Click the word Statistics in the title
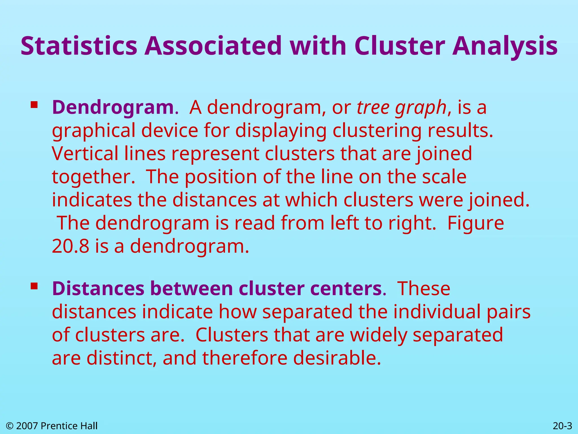tap(79, 46)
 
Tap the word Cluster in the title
tap(400, 46)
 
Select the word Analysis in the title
tap(505, 46)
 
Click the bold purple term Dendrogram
tap(113, 108)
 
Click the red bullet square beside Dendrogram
tap(34, 105)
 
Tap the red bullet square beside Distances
tap(34, 286)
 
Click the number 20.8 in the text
tap(70, 246)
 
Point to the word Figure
tap(476, 223)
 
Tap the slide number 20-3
tap(562, 426)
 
